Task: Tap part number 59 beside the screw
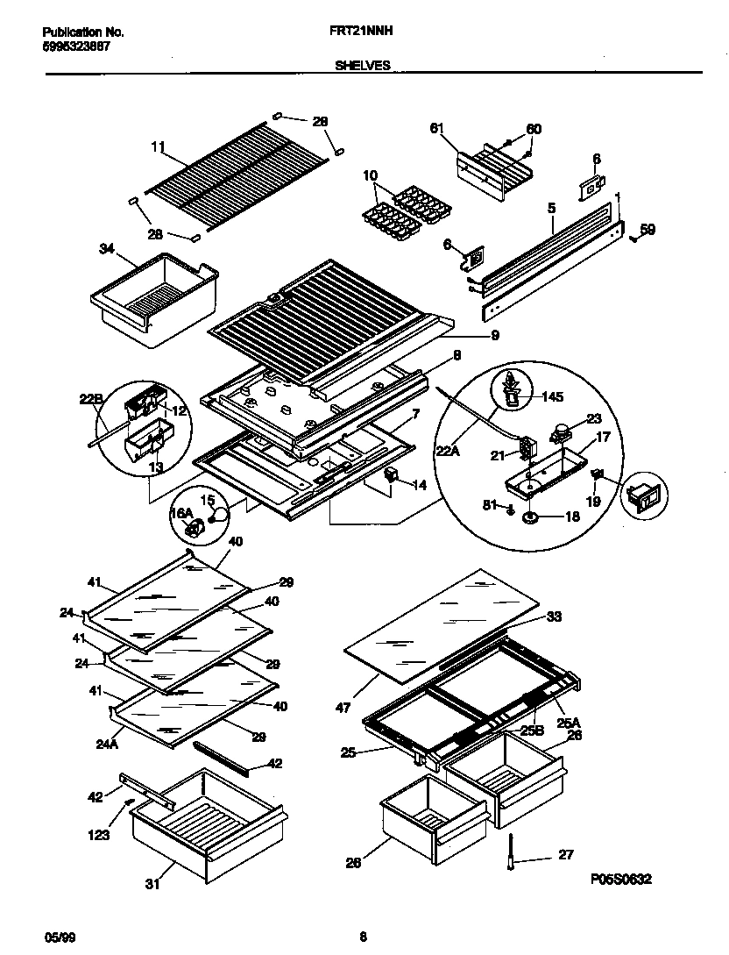pyautogui.click(x=647, y=230)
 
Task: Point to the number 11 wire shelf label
pyautogui.click(x=158, y=149)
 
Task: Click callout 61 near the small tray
pyautogui.click(x=437, y=129)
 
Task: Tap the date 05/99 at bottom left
pyautogui.click(x=54, y=937)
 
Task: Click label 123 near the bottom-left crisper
pyautogui.click(x=98, y=836)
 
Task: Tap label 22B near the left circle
pyautogui.click(x=91, y=400)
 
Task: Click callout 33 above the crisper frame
pyautogui.click(x=553, y=616)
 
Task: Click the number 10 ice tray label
pyautogui.click(x=369, y=175)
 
